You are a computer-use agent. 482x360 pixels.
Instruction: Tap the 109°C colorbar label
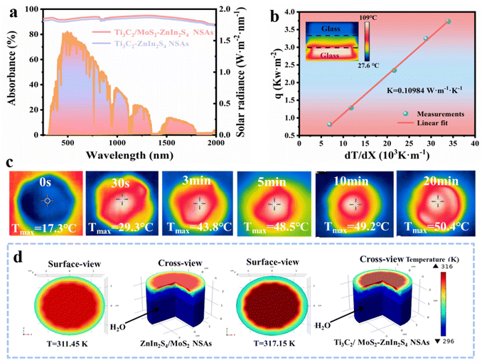(369, 15)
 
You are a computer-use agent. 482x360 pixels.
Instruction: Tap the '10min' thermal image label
(351, 182)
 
